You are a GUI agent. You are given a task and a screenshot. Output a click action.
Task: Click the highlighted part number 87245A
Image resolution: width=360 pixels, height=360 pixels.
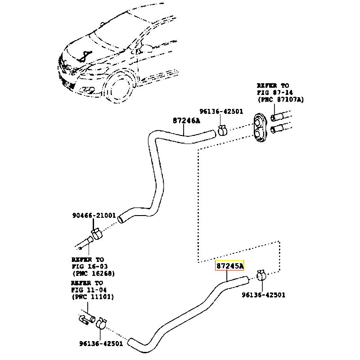[x=229, y=265]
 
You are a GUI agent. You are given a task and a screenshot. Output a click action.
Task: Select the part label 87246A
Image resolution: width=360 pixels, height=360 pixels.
[x=186, y=121]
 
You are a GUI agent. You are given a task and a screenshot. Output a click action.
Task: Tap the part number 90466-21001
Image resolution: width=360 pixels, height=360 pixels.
[x=94, y=216]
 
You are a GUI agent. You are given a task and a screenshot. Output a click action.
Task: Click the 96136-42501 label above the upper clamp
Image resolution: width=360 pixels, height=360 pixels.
[x=221, y=111]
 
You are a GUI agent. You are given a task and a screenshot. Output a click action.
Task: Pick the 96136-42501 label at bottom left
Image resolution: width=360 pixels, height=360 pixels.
[x=101, y=343]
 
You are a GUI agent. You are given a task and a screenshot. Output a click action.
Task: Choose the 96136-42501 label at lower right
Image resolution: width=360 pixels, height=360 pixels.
[x=263, y=295]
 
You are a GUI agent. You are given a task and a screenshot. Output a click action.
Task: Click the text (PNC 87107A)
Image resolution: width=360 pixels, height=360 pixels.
[x=280, y=99]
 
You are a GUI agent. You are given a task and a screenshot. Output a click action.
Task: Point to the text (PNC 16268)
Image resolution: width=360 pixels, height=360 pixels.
[x=94, y=274]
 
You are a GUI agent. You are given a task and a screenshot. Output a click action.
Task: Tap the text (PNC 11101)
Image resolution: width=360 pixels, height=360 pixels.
[x=93, y=297]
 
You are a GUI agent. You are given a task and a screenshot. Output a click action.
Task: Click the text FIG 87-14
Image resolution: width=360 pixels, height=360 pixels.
[x=275, y=93]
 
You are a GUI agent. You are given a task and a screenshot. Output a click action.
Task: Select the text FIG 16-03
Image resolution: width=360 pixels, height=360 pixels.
[x=90, y=266]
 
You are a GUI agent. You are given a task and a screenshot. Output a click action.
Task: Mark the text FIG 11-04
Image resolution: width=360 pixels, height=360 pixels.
[x=89, y=290]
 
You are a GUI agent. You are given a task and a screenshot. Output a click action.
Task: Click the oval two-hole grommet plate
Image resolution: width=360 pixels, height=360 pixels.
[x=261, y=127]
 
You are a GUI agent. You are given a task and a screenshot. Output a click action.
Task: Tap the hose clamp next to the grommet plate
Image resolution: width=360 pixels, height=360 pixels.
[x=222, y=130]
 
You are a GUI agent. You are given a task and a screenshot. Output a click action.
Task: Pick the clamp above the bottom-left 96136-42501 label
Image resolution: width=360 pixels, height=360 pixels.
[x=102, y=323]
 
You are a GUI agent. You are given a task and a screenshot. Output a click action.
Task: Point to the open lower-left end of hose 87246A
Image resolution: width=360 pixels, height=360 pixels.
[x=120, y=219]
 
